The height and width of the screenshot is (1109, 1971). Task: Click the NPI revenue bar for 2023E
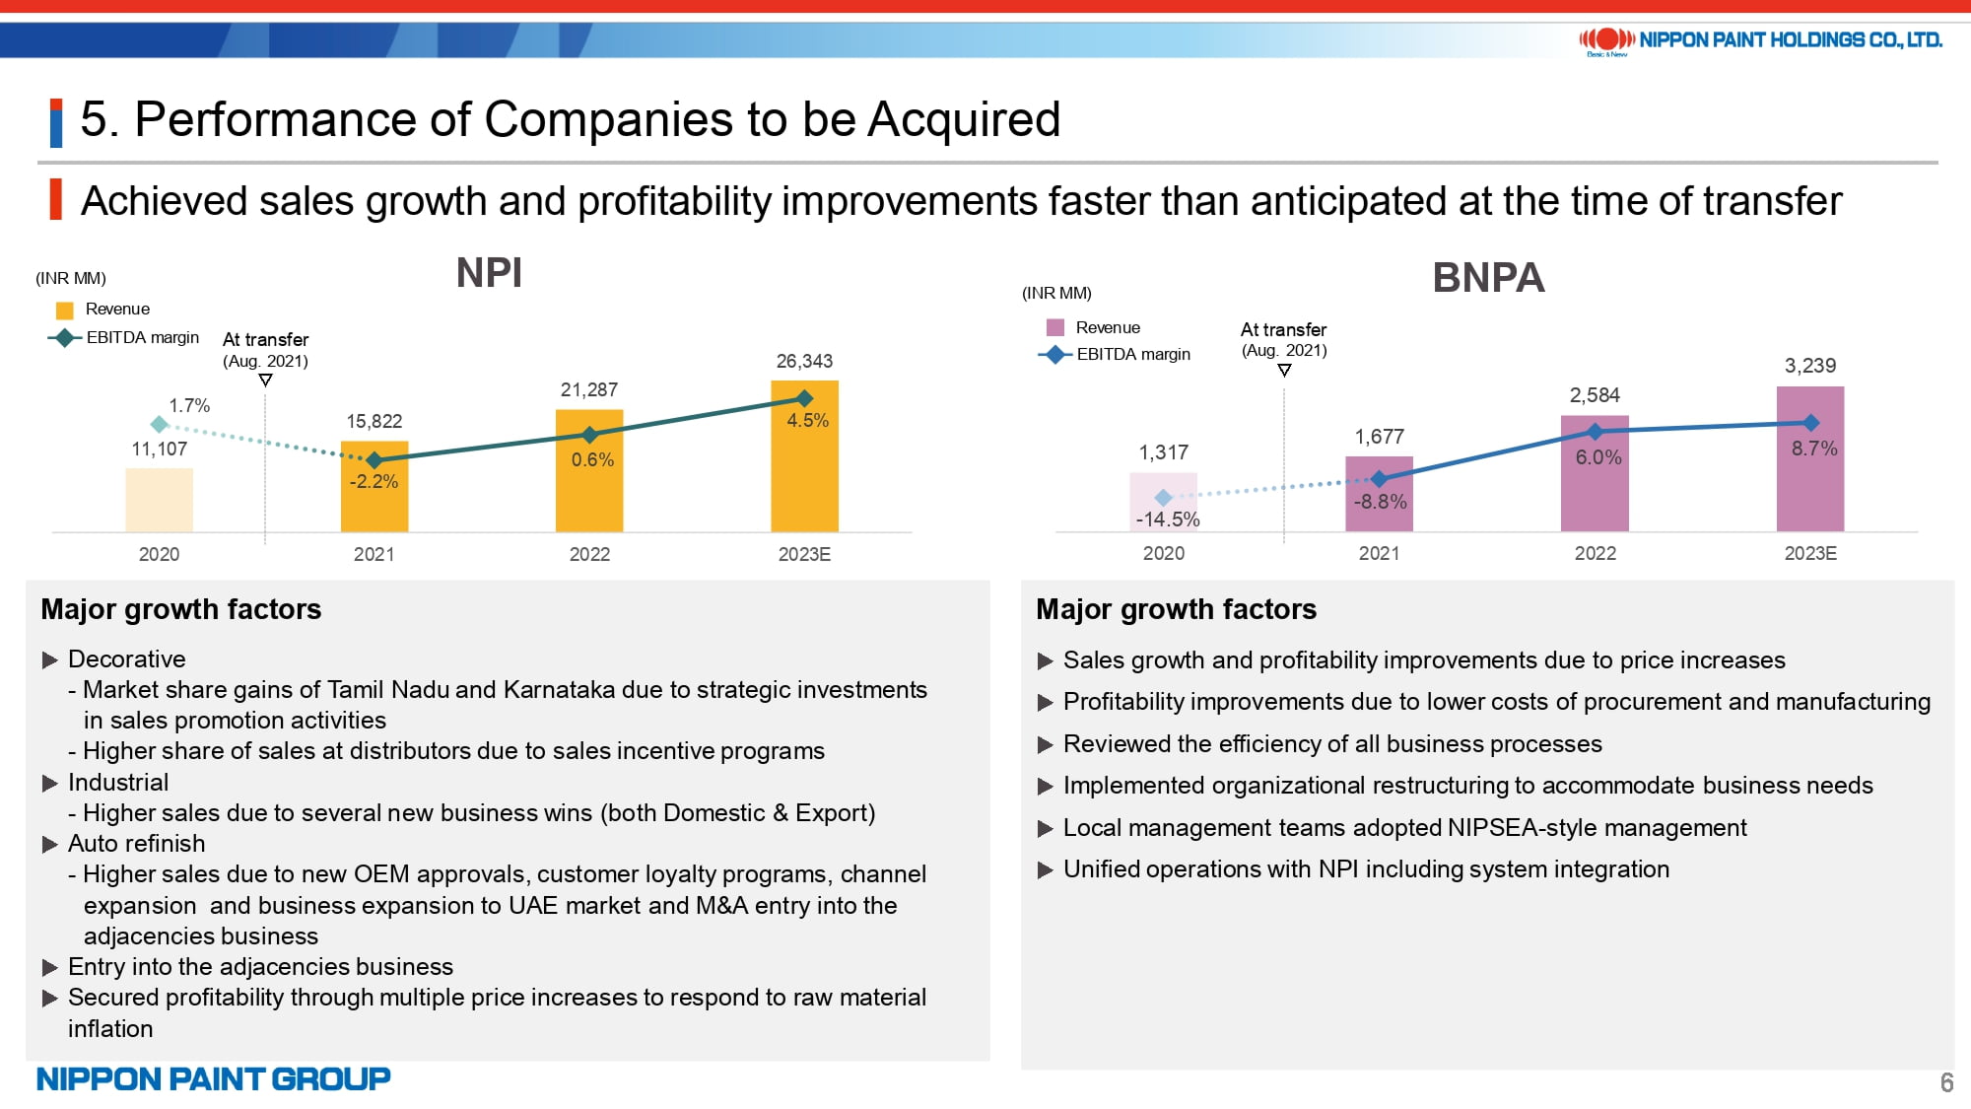804,456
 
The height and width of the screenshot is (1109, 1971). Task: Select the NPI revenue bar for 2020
159,500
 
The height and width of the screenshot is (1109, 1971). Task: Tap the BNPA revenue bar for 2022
1595,473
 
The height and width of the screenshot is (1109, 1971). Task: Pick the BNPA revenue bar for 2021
1379,494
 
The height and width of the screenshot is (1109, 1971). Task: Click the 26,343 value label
804,361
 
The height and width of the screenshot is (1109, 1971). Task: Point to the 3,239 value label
1810,366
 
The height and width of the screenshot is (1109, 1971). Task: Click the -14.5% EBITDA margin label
1168,520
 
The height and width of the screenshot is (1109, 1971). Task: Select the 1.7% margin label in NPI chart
189,405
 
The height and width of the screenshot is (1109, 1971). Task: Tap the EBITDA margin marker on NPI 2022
589,435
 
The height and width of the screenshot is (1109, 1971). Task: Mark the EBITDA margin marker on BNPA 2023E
1810,423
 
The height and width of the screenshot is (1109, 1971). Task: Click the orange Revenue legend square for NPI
65,310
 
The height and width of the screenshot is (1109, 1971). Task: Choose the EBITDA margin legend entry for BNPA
1115,354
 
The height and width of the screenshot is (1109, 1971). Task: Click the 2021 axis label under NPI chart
374,554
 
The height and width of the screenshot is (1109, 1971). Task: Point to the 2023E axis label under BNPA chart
1810,553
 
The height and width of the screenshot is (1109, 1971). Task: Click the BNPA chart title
1488,277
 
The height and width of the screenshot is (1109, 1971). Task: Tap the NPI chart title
489,273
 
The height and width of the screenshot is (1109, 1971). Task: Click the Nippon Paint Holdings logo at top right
1760,40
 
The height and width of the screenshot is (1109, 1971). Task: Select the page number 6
1946,1082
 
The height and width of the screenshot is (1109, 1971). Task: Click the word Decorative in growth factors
126,658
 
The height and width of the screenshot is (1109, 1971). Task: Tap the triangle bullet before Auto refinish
50,844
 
